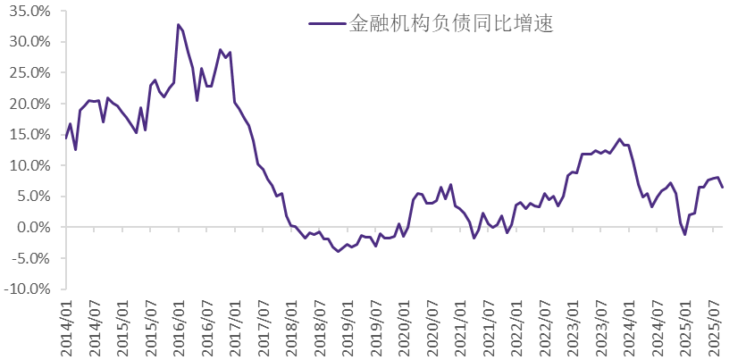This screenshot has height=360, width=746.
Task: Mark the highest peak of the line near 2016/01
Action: [x=179, y=24]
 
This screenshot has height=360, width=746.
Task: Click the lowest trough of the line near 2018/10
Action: [x=339, y=251]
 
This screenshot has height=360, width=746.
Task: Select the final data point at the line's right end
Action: [x=723, y=187]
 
